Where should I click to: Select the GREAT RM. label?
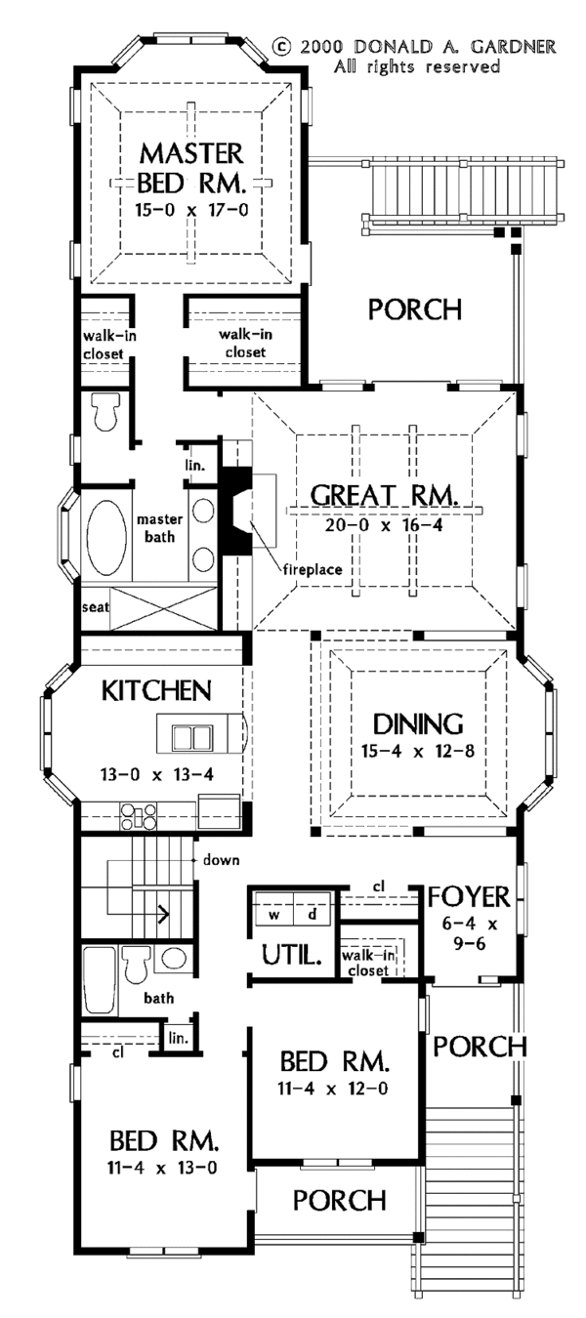click(x=384, y=496)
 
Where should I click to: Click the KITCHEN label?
click(x=156, y=691)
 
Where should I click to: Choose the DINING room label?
click(x=417, y=725)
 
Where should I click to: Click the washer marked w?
click(x=276, y=916)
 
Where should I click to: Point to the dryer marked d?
click(x=313, y=916)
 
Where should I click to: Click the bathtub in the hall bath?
click(x=98, y=980)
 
